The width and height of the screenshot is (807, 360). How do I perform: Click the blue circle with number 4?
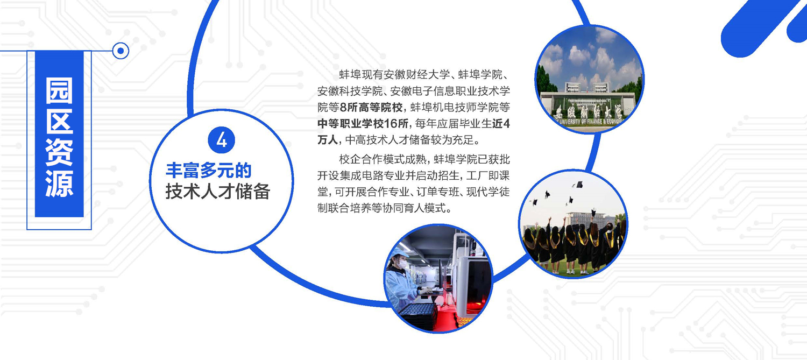(x=222, y=140)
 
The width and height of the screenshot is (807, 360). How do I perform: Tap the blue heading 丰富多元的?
(x=208, y=171)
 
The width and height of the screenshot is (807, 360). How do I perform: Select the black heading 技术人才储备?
(x=217, y=192)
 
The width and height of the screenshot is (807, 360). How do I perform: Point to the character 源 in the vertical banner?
(x=59, y=183)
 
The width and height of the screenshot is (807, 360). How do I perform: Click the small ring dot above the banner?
(x=121, y=51)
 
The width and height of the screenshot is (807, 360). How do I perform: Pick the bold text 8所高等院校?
(x=371, y=108)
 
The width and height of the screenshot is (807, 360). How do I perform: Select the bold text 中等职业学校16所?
(x=363, y=124)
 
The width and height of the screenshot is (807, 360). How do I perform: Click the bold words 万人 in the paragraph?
(x=327, y=140)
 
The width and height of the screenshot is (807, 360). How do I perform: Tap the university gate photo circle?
(x=590, y=79)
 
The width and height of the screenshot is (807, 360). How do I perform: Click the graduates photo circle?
(x=573, y=224)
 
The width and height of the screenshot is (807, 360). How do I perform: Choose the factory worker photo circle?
(x=438, y=279)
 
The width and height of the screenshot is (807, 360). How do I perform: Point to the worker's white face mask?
(x=402, y=265)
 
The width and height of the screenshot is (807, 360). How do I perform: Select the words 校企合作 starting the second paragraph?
(x=361, y=159)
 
